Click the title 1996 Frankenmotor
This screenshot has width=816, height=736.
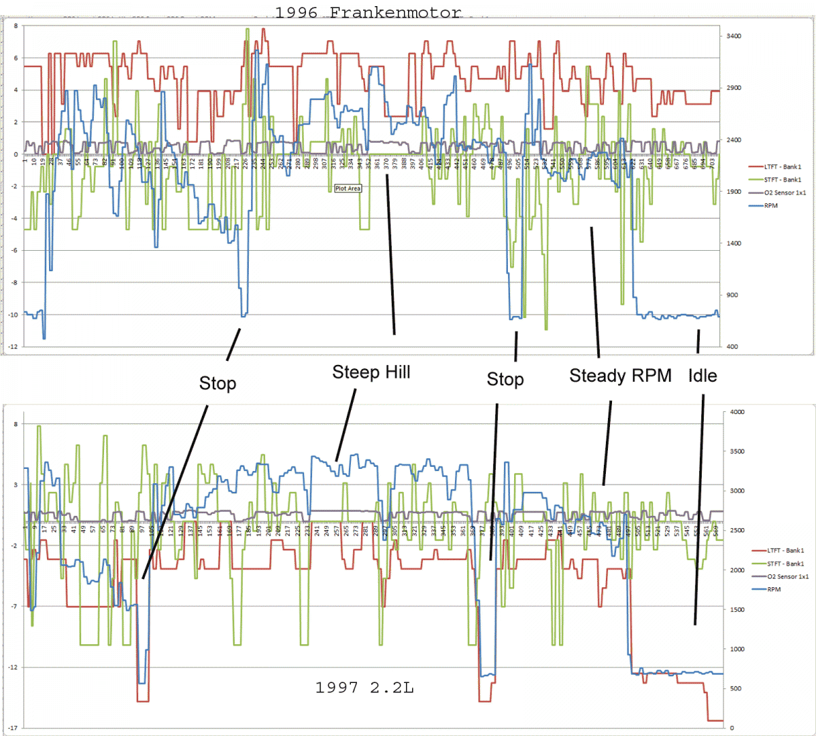pyautogui.click(x=368, y=12)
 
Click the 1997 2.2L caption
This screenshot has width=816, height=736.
pyautogui.click(x=364, y=688)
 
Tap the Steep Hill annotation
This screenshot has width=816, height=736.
pyautogui.click(x=371, y=372)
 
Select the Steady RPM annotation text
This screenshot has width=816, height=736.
pyautogui.click(x=620, y=376)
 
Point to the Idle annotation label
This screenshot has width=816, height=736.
pyautogui.click(x=702, y=376)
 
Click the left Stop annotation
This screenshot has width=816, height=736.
pyautogui.click(x=218, y=383)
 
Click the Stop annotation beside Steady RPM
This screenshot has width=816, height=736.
pyautogui.click(x=505, y=379)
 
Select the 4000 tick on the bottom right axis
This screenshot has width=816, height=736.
pyautogui.click(x=736, y=412)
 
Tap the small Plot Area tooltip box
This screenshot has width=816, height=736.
pyautogui.click(x=347, y=188)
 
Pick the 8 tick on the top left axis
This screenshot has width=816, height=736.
pyautogui.click(x=14, y=26)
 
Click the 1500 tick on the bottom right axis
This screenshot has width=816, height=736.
pyautogui.click(x=736, y=610)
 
